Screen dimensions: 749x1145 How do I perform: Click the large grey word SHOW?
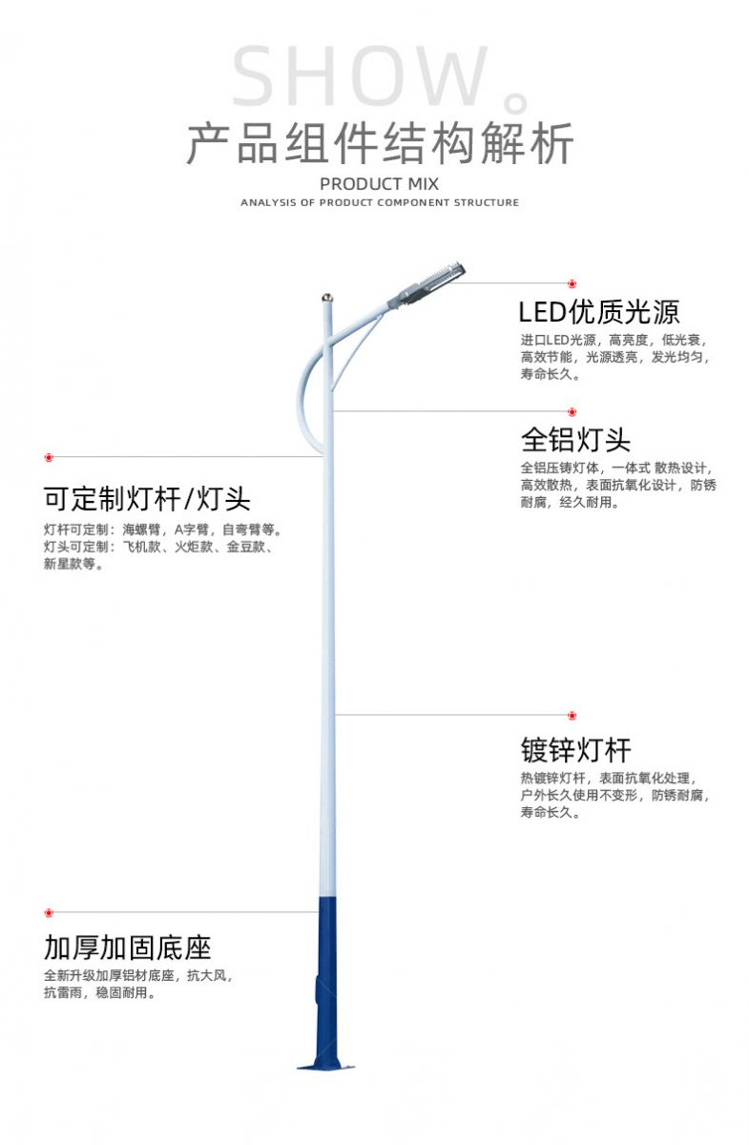click(360, 76)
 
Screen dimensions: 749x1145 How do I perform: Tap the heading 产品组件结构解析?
click(380, 144)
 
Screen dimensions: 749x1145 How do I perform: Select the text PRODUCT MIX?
click(379, 184)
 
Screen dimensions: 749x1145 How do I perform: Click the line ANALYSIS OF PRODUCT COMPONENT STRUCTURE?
click(380, 202)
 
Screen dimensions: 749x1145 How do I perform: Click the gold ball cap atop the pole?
click(327, 297)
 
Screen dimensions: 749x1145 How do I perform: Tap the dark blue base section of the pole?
click(326, 983)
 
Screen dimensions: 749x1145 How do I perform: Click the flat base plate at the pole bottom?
click(325, 1067)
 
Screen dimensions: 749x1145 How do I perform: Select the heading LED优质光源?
click(598, 312)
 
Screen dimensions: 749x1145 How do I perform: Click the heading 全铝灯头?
click(575, 440)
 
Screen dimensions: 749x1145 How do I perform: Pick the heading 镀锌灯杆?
click(575, 750)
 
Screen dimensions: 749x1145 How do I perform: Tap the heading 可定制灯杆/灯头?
click(147, 499)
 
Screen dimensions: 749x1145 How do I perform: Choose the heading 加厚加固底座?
click(127, 947)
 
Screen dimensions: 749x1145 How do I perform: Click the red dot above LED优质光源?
click(572, 283)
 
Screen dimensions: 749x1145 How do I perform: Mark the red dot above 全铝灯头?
click(572, 412)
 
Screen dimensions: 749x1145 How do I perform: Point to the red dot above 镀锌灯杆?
click(572, 716)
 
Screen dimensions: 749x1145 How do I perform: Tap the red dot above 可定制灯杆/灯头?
click(49, 457)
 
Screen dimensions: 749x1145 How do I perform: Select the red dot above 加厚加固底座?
click(49, 912)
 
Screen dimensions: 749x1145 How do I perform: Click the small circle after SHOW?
click(516, 103)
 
